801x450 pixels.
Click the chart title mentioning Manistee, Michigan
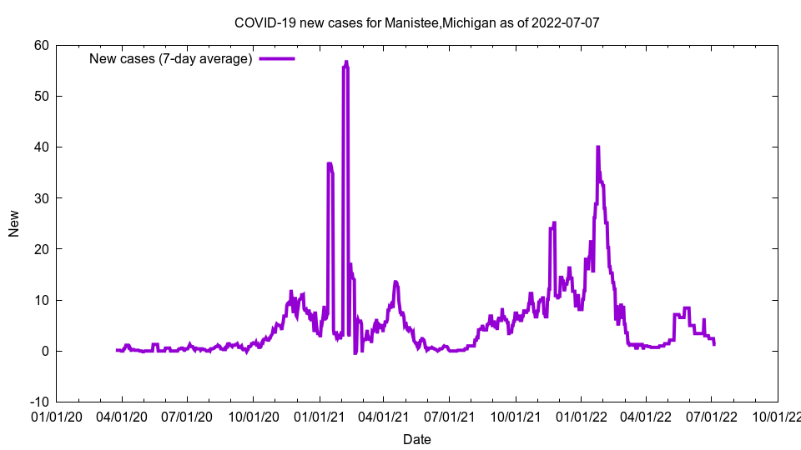(416, 22)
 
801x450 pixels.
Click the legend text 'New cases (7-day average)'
(171, 58)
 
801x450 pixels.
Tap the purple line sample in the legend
(277, 58)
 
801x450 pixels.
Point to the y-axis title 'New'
(14, 223)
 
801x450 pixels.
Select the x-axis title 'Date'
(416, 439)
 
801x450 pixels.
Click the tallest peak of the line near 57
(345, 62)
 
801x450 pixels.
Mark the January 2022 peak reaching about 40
(597, 147)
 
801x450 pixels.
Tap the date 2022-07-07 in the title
(567, 22)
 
